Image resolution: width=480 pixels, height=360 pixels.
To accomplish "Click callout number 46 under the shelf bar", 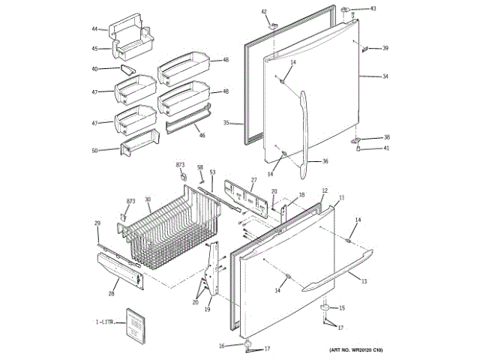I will pyautogui.click(x=201, y=136).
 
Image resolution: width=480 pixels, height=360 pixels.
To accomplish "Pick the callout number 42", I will pyautogui.click(x=264, y=11).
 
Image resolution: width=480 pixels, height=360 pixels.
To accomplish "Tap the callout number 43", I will pyautogui.click(x=373, y=9).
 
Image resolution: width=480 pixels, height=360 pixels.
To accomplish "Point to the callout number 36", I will pyautogui.click(x=325, y=161).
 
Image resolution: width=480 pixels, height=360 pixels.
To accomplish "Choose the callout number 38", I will pyautogui.click(x=387, y=137).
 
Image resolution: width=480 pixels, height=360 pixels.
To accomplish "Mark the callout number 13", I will pyautogui.click(x=364, y=281).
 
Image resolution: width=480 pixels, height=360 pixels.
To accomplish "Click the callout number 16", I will pyautogui.click(x=222, y=346).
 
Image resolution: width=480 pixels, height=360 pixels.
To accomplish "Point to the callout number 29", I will pyautogui.click(x=97, y=223).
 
